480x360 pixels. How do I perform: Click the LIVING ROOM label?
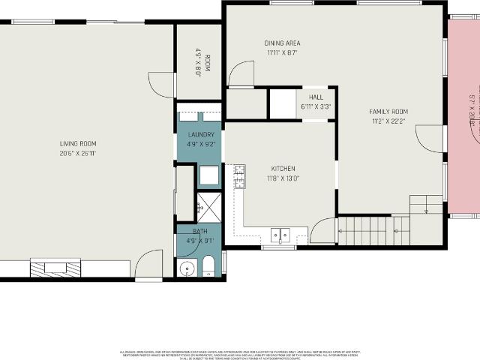pos(78,143)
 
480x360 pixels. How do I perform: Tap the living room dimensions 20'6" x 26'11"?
pos(78,153)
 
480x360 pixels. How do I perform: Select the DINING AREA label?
pos(282,43)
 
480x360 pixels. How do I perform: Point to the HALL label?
pos(316,96)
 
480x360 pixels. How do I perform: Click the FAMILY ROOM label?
pos(388,112)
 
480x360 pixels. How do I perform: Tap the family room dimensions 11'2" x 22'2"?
pos(388,121)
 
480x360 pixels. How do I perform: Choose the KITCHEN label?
pos(283,169)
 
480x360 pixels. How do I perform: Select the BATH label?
pos(199,231)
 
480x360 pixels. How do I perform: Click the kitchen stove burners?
pos(239,177)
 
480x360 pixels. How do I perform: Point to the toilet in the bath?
pos(208,265)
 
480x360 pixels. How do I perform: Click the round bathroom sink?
pos(187,268)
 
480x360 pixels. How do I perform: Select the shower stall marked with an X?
pos(208,206)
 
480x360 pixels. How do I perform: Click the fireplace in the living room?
pos(54,268)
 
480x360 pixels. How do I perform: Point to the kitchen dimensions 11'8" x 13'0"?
pos(283,178)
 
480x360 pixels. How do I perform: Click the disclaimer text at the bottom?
pos(240,354)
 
